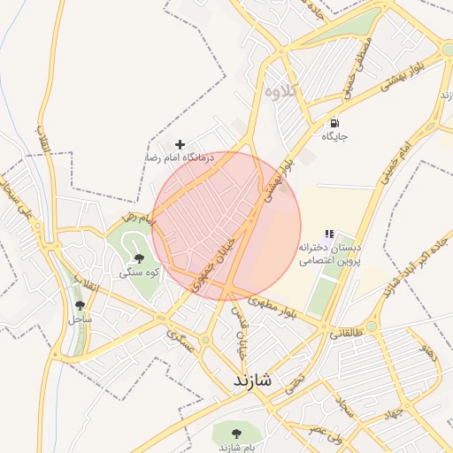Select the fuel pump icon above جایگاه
[334, 123]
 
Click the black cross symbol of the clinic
[180, 143]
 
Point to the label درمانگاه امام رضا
[180, 157]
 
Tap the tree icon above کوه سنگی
[138, 258]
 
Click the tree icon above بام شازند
[235, 433]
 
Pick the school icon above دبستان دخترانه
[329, 234]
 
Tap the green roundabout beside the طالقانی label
[372, 326]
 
